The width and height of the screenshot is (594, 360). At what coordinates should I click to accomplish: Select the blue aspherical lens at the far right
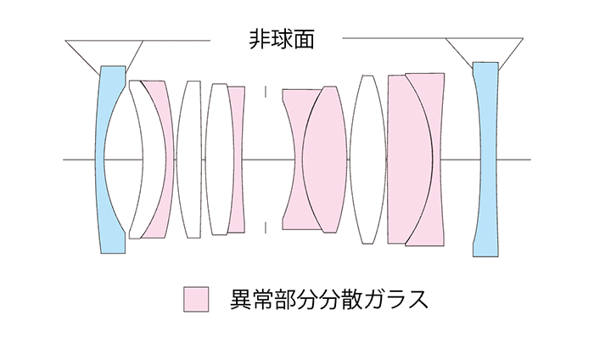(x=484, y=159)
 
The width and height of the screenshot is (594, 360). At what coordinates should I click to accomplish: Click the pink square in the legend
(x=196, y=299)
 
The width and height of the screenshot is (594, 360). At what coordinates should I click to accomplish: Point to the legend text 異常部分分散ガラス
(x=328, y=299)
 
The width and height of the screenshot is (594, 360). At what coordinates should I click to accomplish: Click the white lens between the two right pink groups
(x=367, y=159)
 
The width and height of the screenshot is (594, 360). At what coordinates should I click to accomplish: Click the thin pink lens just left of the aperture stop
(x=237, y=159)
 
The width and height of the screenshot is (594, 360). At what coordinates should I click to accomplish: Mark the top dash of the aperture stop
(x=266, y=91)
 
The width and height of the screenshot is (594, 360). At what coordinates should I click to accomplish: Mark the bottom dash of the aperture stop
(x=266, y=227)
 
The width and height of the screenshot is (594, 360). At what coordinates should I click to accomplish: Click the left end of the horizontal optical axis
(x=65, y=159)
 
